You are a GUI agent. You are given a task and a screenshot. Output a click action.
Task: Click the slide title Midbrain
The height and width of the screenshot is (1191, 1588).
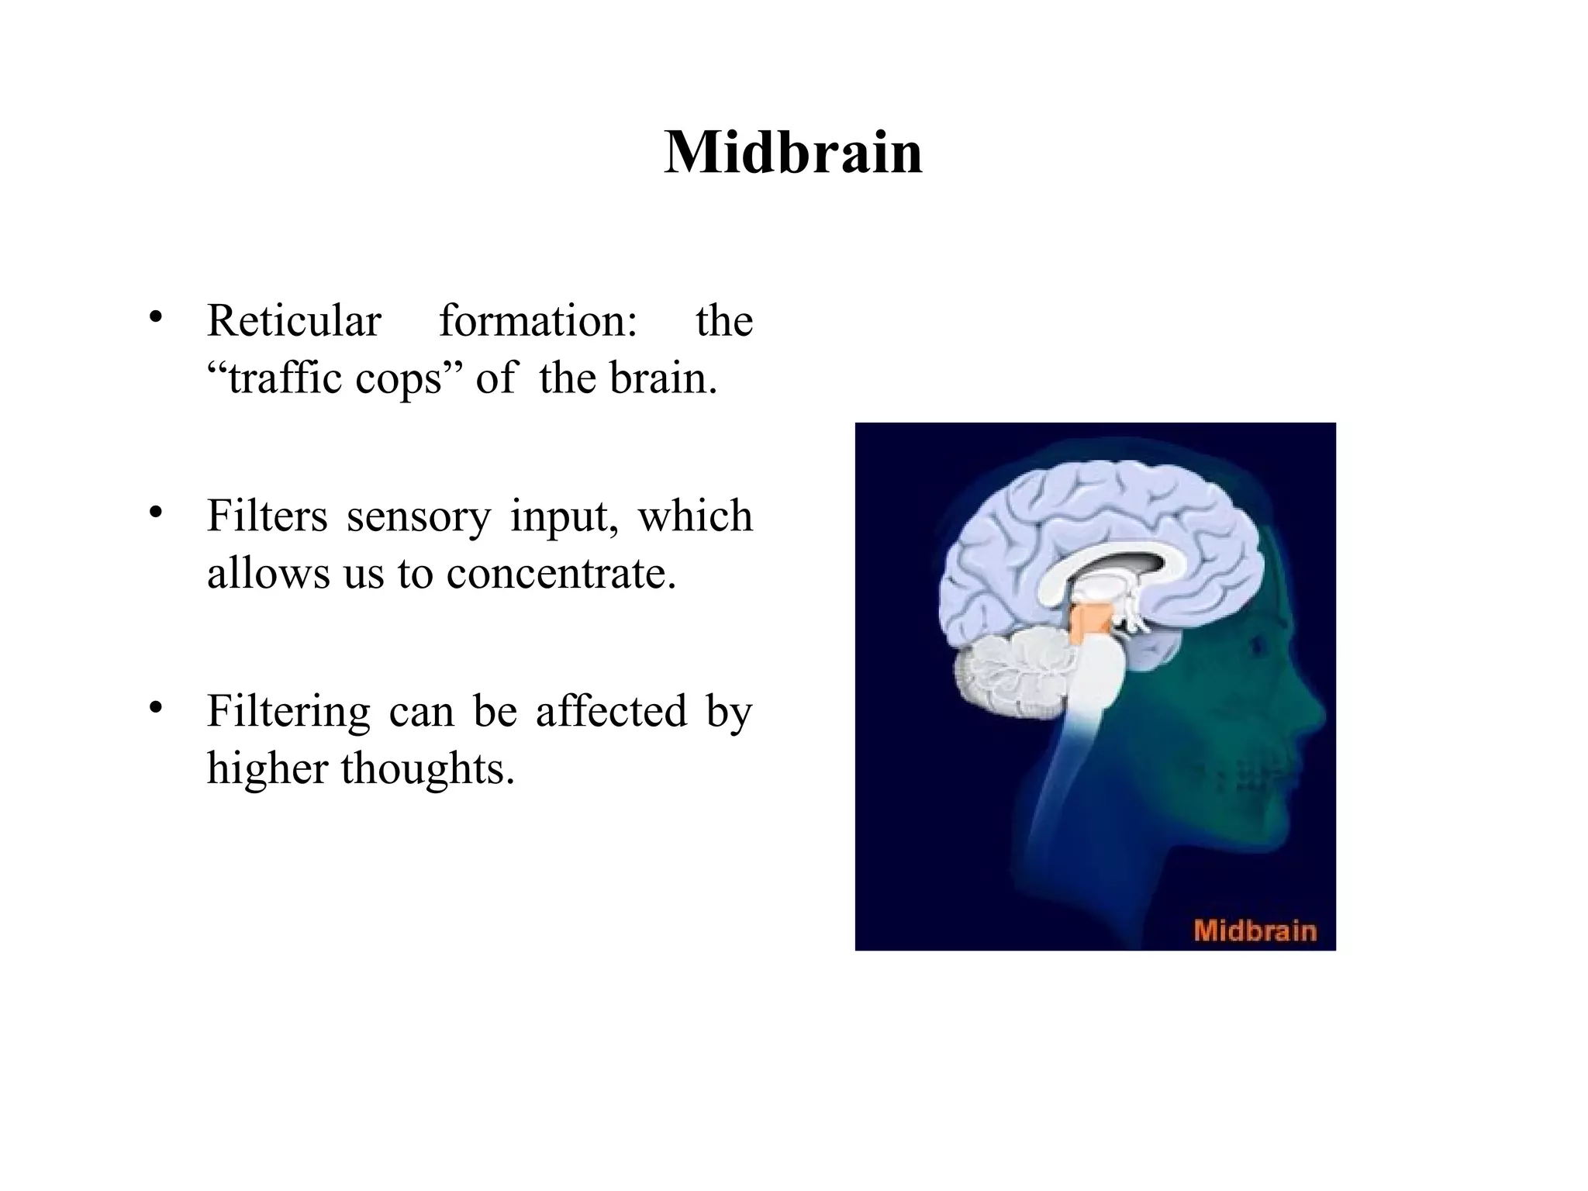[793, 153]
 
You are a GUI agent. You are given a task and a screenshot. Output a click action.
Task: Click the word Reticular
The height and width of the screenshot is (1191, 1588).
[294, 321]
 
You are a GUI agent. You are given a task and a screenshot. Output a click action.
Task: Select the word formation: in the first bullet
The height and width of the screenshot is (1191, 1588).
[538, 321]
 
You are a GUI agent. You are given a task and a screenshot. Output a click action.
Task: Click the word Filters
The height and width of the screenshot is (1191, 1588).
[267, 516]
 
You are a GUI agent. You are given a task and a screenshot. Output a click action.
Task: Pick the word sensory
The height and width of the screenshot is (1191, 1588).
[418, 517]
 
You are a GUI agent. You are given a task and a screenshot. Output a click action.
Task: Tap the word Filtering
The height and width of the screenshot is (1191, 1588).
[288, 712]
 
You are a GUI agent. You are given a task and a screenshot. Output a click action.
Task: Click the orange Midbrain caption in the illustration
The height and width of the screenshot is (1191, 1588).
[1255, 930]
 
